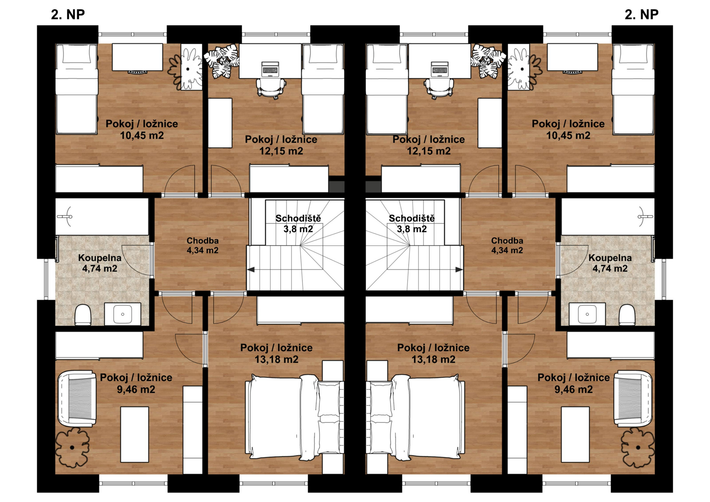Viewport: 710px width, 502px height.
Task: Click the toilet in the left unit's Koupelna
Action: click(x=83, y=315)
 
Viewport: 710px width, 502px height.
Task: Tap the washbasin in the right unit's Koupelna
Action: click(x=587, y=314)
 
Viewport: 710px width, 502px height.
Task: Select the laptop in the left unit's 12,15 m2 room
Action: click(x=270, y=69)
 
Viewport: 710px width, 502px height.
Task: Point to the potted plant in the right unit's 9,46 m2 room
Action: click(x=638, y=447)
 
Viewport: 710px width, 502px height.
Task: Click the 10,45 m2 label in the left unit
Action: click(x=142, y=135)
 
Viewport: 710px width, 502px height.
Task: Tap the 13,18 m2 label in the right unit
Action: click(x=433, y=359)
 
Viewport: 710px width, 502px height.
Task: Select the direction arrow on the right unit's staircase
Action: click(x=459, y=270)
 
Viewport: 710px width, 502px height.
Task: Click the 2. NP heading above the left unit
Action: click(x=68, y=14)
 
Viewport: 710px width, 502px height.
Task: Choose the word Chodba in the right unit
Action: click(x=507, y=241)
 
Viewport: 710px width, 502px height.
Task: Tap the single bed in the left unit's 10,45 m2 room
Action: click(x=77, y=89)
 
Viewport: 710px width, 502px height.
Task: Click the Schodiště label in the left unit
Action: click(x=298, y=218)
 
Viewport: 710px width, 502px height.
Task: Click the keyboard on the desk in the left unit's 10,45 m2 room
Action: click(x=137, y=72)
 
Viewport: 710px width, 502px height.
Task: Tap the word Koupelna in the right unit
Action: click(x=610, y=258)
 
